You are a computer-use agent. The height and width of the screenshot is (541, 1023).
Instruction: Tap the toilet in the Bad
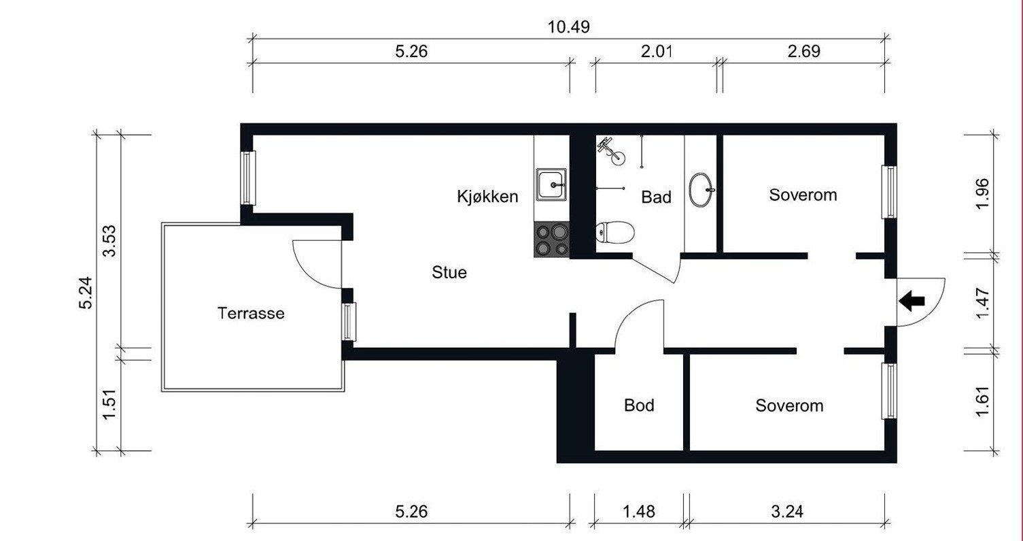pyautogui.click(x=615, y=233)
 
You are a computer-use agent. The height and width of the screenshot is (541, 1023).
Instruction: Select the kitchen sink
pyautogui.click(x=551, y=184)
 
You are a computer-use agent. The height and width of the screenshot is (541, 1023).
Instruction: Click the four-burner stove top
pyautogui.click(x=551, y=240)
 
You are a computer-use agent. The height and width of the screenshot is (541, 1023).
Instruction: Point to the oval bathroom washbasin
pyautogui.click(x=701, y=190)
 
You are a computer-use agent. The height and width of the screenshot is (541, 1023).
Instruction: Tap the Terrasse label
pyautogui.click(x=251, y=314)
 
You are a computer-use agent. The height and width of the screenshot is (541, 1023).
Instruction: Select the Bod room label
pyautogui.click(x=639, y=406)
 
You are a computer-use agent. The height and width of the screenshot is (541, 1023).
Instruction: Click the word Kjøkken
pyautogui.click(x=487, y=197)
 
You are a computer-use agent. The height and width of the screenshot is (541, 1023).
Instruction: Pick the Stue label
pyautogui.click(x=449, y=273)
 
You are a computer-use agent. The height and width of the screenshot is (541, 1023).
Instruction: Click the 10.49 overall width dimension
pyautogui.click(x=568, y=27)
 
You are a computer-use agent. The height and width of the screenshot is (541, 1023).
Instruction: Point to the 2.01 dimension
pyautogui.click(x=655, y=52)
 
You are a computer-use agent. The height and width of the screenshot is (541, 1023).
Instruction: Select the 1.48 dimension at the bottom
pyautogui.click(x=639, y=511)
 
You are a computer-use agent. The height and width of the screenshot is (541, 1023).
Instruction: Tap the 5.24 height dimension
pyautogui.click(x=86, y=293)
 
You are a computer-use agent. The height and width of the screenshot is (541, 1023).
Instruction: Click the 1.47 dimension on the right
pyautogui.click(x=983, y=302)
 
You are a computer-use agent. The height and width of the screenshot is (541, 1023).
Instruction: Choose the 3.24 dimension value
pyautogui.click(x=787, y=511)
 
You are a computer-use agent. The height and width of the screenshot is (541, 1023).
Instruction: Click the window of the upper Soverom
pyautogui.click(x=889, y=192)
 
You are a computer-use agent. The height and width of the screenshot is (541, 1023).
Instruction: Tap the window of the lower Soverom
pyautogui.click(x=889, y=391)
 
